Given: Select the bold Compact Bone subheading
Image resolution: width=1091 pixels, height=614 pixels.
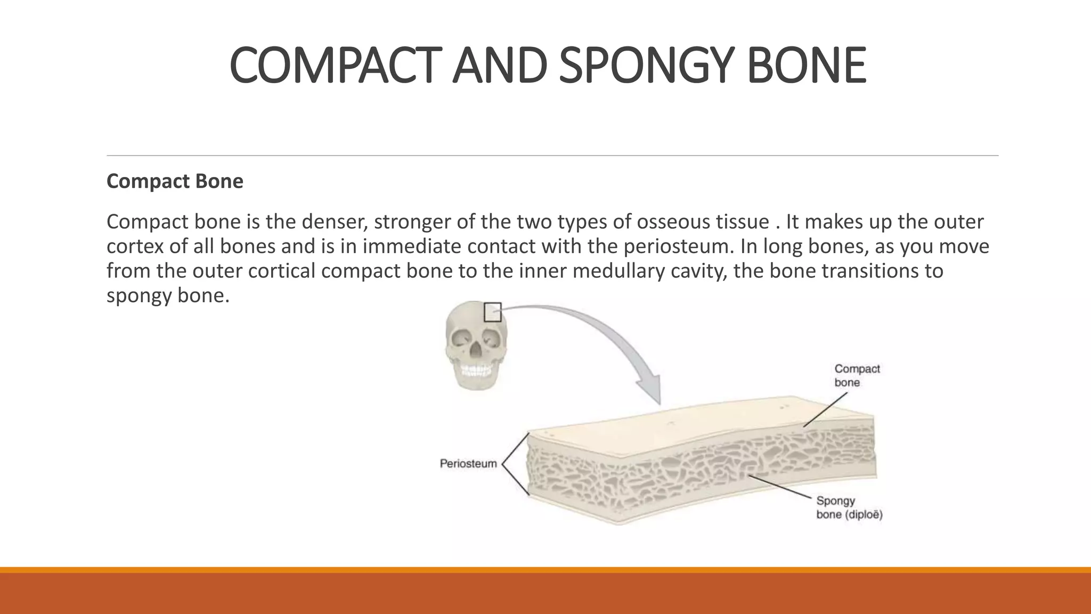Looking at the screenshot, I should tap(175, 181).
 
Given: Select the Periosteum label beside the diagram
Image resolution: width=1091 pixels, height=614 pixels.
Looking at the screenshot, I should tap(468, 464).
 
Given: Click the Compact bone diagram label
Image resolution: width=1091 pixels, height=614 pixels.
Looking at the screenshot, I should tap(857, 375).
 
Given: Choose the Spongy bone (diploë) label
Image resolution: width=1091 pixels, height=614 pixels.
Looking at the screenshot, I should tap(849, 507).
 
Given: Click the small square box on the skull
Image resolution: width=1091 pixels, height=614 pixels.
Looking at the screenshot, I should tap(492, 312).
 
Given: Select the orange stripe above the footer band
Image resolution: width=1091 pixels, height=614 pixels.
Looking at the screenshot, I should tap(545, 570).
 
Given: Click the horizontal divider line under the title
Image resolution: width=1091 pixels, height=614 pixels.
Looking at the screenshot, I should tap(552, 156).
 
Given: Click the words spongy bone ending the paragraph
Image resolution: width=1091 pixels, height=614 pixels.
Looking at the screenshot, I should tap(167, 295).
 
